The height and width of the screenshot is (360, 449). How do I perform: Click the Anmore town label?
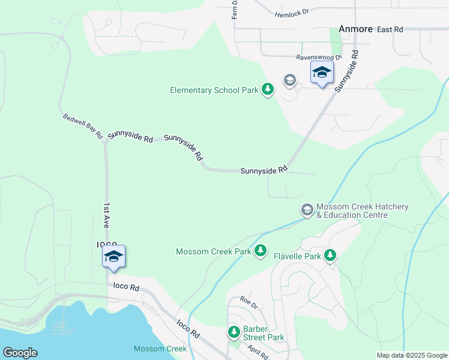coord(356,29)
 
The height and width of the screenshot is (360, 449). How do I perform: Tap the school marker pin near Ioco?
coord(113,257)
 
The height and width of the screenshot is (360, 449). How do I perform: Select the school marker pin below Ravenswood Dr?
coord(322,73)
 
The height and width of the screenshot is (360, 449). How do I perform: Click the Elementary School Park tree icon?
coord(268,90)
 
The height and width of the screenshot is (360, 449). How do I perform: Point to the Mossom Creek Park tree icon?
coord(261,251)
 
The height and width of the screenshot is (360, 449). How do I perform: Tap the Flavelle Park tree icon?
coord(330,256)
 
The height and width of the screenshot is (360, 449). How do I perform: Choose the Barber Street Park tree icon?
coord(234,332)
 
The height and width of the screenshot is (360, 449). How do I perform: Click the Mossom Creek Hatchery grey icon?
coord(307,209)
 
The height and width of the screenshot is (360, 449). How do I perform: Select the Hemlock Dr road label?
coord(291,13)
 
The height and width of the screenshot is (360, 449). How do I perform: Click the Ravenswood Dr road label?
coord(319,58)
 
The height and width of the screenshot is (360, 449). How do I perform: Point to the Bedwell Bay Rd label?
coord(83,125)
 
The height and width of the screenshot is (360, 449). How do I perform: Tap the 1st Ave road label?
coord(106,214)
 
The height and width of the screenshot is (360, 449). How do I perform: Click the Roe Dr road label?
coord(249,302)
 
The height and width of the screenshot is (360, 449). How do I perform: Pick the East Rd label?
coord(390,29)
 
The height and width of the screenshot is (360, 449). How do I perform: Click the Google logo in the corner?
coord(20,353)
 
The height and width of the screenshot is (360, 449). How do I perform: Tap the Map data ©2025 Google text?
coord(412,355)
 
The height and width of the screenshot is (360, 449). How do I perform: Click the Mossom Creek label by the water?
coord(160,349)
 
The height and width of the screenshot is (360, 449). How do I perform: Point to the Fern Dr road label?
coord(235,9)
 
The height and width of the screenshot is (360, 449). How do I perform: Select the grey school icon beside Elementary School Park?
coord(289,80)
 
